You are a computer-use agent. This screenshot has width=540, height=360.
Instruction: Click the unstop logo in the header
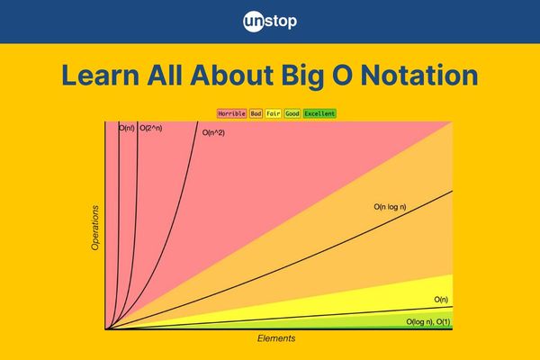click(x=270, y=22)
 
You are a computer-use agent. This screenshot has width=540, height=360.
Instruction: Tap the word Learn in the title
click(x=100, y=75)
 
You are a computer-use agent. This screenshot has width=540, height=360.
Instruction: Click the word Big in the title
click(x=303, y=76)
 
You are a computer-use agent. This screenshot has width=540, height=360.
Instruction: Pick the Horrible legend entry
click(x=232, y=113)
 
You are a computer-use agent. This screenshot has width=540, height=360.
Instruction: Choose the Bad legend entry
click(x=256, y=113)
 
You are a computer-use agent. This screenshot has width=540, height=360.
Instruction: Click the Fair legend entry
click(x=274, y=113)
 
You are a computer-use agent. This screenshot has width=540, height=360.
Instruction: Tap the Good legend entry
click(x=292, y=113)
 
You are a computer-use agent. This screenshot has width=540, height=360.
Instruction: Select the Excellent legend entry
click(x=319, y=113)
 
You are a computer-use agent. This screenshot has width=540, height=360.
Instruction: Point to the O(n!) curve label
click(x=127, y=128)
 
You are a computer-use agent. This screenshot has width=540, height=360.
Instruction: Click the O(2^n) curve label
click(x=151, y=128)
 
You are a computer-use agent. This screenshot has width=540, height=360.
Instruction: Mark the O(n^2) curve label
click(x=213, y=132)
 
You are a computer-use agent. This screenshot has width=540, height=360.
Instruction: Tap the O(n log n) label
click(x=391, y=207)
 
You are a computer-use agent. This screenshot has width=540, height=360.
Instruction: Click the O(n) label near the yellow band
click(x=441, y=300)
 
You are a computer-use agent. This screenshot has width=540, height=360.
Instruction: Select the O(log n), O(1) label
click(x=428, y=322)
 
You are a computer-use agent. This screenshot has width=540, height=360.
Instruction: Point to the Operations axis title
click(x=95, y=228)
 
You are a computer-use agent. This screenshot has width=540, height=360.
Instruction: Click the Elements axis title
click(x=276, y=338)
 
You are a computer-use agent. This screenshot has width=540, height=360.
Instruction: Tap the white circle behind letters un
click(x=254, y=22)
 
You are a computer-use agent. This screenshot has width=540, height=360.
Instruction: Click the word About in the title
click(x=232, y=75)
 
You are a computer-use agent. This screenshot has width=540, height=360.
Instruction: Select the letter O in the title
click(x=342, y=75)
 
